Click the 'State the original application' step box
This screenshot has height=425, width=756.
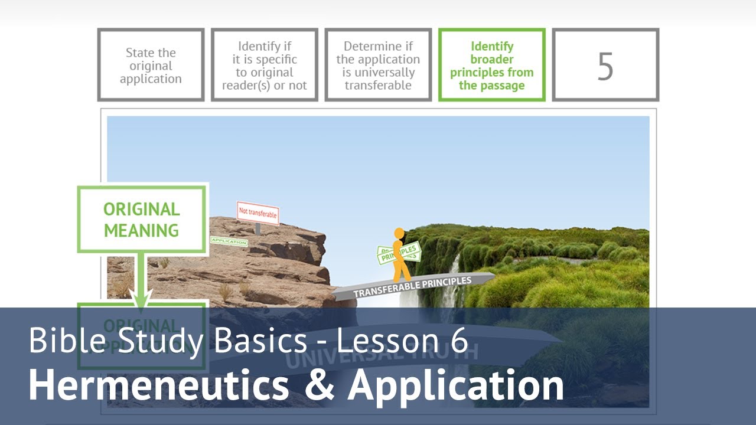click(151, 66)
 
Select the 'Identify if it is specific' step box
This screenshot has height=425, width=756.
click(264, 66)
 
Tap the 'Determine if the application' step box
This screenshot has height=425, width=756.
click(378, 66)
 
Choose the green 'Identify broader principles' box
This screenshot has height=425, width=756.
click(491, 66)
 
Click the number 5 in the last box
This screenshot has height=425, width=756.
click(605, 67)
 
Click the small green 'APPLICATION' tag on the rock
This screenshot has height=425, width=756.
click(229, 241)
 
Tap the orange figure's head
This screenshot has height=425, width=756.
click(399, 234)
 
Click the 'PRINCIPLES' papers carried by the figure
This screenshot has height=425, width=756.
click(399, 253)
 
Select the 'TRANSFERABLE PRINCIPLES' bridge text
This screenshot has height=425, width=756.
click(412, 286)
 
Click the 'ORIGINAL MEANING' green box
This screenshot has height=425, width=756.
click(142, 219)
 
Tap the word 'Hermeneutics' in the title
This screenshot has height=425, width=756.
click(159, 385)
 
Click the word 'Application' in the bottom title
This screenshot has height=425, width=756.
click(455, 385)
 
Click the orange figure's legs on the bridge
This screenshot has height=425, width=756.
click(402, 272)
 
